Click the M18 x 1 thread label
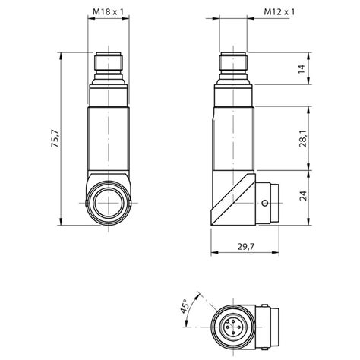(109, 12)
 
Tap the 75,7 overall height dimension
(54, 141)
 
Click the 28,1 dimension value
(301, 141)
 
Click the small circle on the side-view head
(263, 204)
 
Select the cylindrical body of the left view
(109, 141)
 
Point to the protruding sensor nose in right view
(273, 204)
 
